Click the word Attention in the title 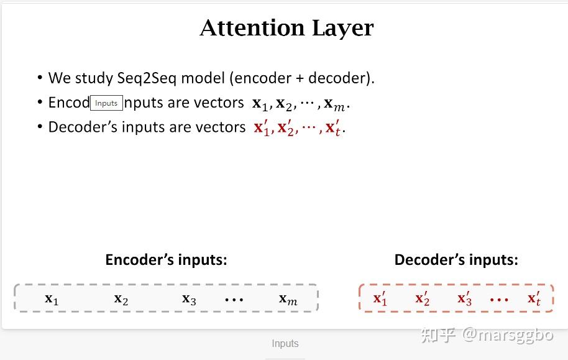click(252, 28)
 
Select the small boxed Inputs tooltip click(106, 103)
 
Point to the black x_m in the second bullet click(334, 104)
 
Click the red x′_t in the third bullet click(334, 127)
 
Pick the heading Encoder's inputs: click(167, 260)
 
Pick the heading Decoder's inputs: click(456, 260)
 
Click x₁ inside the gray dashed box click(52, 300)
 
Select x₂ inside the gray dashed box click(121, 300)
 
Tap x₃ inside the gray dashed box click(189, 300)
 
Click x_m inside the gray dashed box click(288, 300)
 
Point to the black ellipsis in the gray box click(234, 300)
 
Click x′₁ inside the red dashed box click(380, 298)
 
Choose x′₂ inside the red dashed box click(423, 298)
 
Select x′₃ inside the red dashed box click(464, 298)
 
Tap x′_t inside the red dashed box click(534, 298)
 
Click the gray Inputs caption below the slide click(285, 344)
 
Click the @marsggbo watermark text click(508, 335)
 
